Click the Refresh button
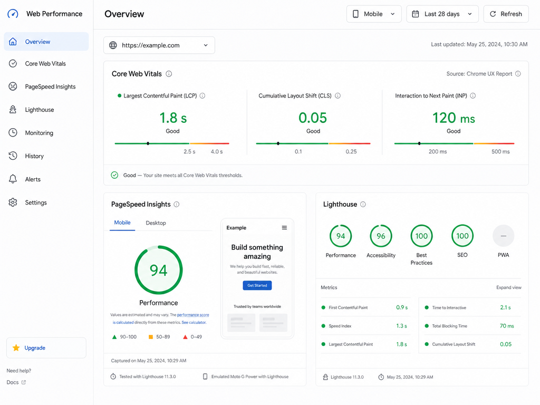506,14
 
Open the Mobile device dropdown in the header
374,14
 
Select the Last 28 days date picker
442,14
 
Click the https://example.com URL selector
159,45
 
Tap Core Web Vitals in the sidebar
45,64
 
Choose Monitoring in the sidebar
39,133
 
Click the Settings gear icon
13,202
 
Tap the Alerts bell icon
13,179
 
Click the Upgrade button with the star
46,348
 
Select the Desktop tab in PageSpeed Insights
156,223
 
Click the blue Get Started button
257,285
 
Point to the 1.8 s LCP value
173,118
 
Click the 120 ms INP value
454,118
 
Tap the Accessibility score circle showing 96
381,236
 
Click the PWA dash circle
504,236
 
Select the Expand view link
509,287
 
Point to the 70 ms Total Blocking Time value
507,326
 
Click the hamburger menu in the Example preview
284,228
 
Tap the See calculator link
194,323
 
